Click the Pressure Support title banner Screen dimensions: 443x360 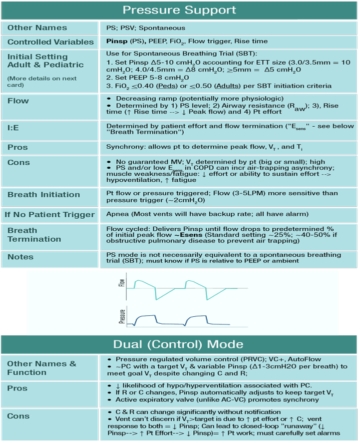coord(179,10)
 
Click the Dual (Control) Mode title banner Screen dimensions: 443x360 coord(179,344)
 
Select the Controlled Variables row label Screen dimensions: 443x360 coord(51,42)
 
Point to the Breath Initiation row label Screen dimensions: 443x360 coord(44,195)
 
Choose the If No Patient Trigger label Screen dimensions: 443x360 coord(50,215)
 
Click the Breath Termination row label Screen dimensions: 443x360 coord(34,235)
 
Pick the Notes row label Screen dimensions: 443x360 coord(21,257)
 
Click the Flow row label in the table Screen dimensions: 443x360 coord(18,101)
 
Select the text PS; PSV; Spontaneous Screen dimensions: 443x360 coord(146,28)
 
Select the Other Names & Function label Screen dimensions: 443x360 coord(42,368)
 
